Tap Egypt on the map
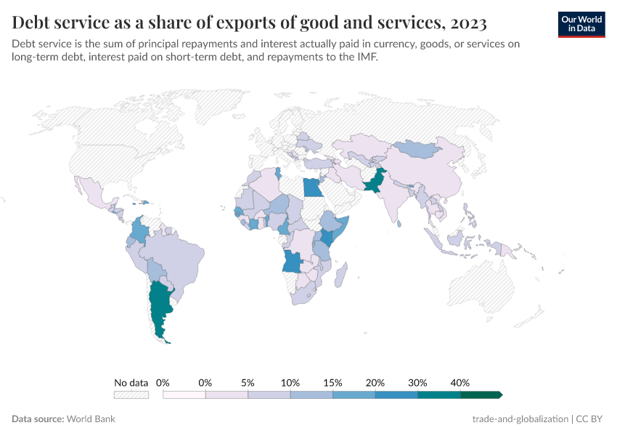tap(314, 187)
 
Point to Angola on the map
tap(293, 260)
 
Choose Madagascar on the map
tap(340, 276)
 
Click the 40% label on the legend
tap(460, 382)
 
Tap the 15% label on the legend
tap(332, 382)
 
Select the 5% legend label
tap(248, 382)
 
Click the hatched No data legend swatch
tap(131, 395)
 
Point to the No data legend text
tap(131, 382)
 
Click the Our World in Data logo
tap(581, 23)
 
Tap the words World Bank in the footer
tap(91, 419)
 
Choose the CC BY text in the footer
tap(591, 419)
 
